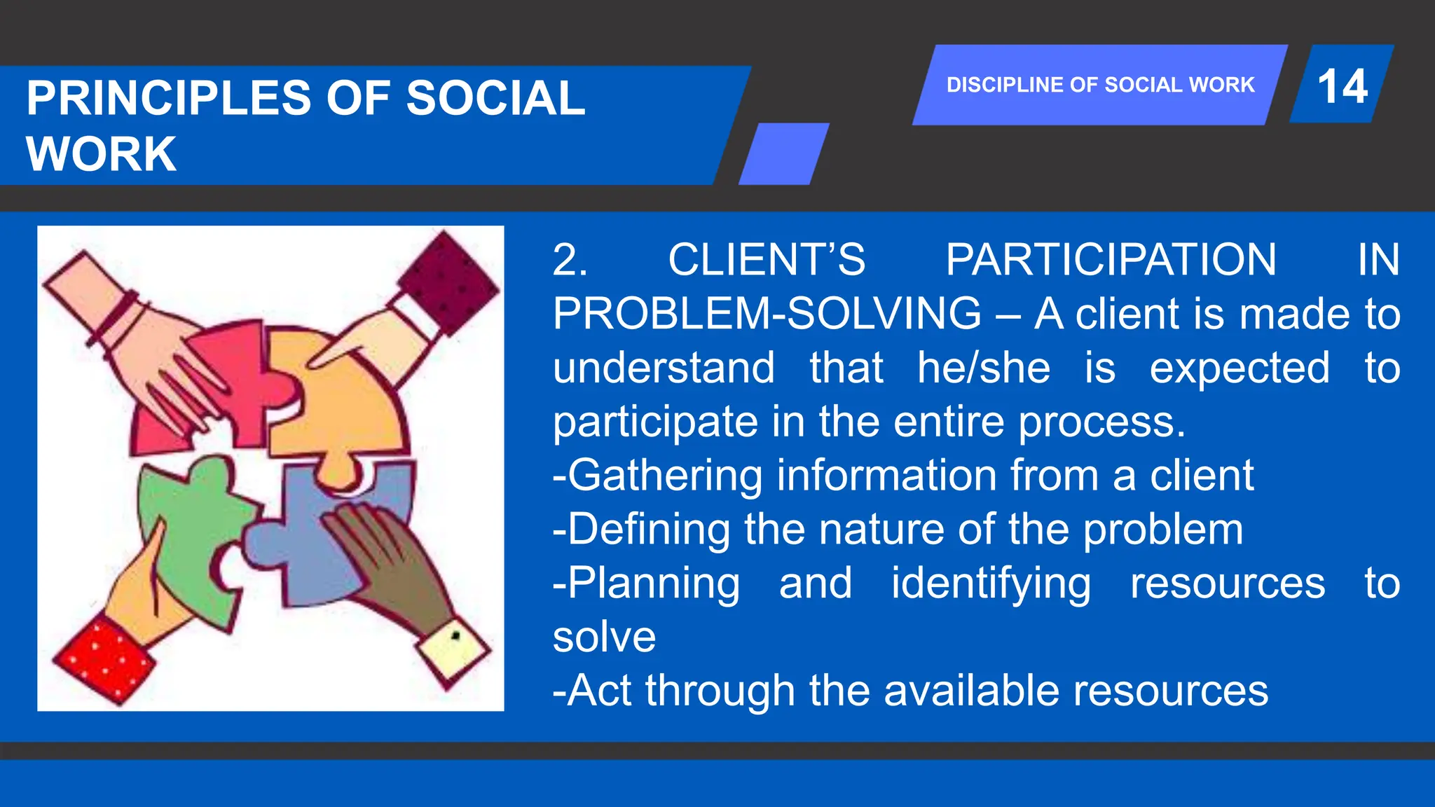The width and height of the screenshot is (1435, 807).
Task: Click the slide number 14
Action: point(1342,86)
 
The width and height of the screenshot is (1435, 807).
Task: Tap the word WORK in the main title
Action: point(101,154)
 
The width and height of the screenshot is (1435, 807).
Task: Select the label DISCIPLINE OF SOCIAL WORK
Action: point(1099,85)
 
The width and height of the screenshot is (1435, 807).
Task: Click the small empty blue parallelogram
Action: point(783,153)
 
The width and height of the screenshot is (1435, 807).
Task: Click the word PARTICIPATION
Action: point(1111,260)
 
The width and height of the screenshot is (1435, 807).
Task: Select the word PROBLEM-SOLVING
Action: point(767,313)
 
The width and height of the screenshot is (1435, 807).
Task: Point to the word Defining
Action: point(649,529)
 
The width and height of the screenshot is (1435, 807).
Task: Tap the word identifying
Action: point(991,584)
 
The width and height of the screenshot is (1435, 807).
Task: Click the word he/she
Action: point(984,368)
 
